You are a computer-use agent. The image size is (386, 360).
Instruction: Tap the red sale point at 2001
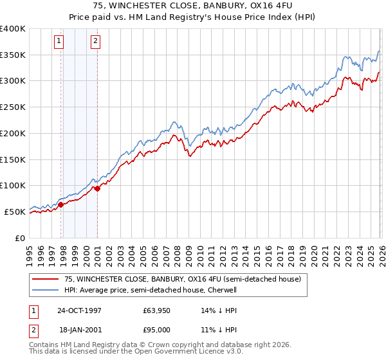tap(97, 188)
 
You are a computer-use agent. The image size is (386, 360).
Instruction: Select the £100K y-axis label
tap(13, 185)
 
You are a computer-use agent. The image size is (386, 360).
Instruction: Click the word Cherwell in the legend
tap(222, 290)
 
